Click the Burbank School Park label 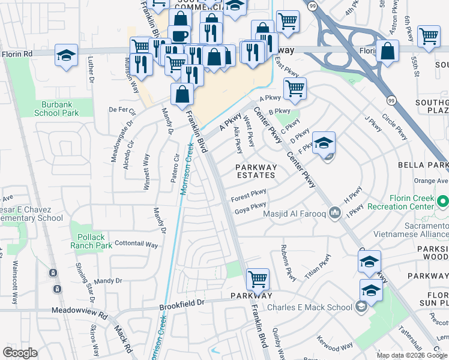56,109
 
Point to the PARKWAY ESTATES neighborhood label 256,172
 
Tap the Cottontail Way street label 136,245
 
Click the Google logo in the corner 20,353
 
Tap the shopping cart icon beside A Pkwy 294,88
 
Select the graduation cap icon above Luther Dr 66,55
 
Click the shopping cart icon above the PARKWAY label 257,278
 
